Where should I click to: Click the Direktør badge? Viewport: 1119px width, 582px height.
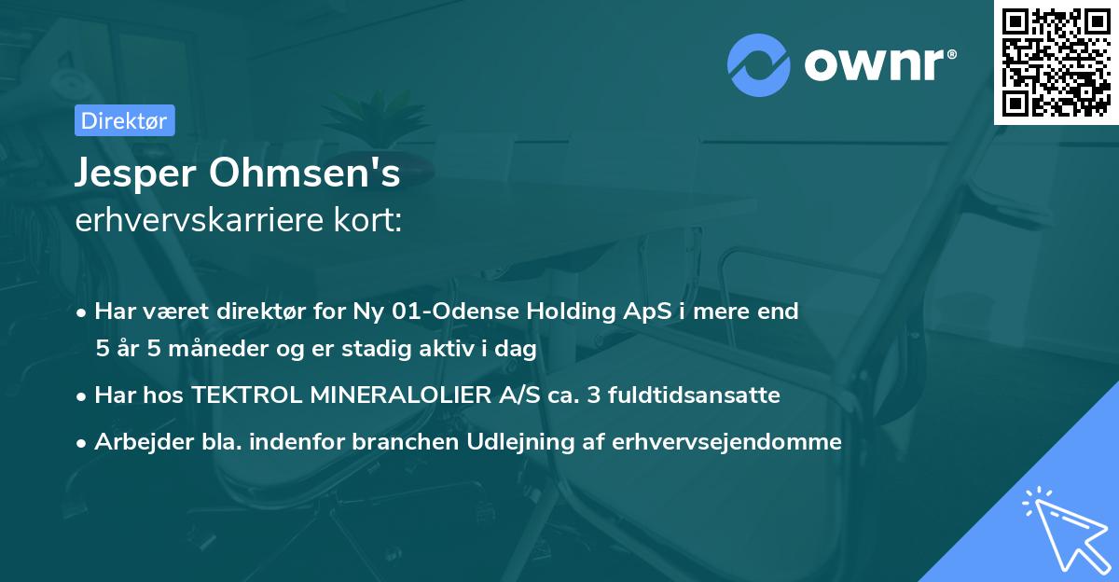(x=123, y=120)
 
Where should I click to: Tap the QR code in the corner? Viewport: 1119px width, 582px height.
(x=1057, y=62)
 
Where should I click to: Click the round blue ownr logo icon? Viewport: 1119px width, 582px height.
(x=759, y=65)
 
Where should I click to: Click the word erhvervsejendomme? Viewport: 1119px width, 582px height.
(x=727, y=442)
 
